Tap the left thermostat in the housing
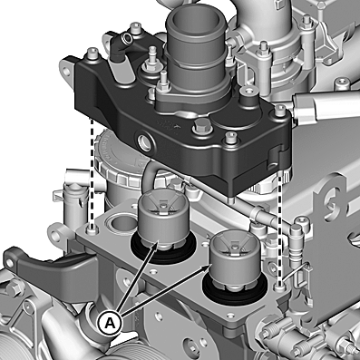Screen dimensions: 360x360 (163, 219)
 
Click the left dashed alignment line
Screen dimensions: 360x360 (92, 172)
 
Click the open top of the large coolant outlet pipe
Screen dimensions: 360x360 (196, 21)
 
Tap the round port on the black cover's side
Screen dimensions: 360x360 (144, 141)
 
